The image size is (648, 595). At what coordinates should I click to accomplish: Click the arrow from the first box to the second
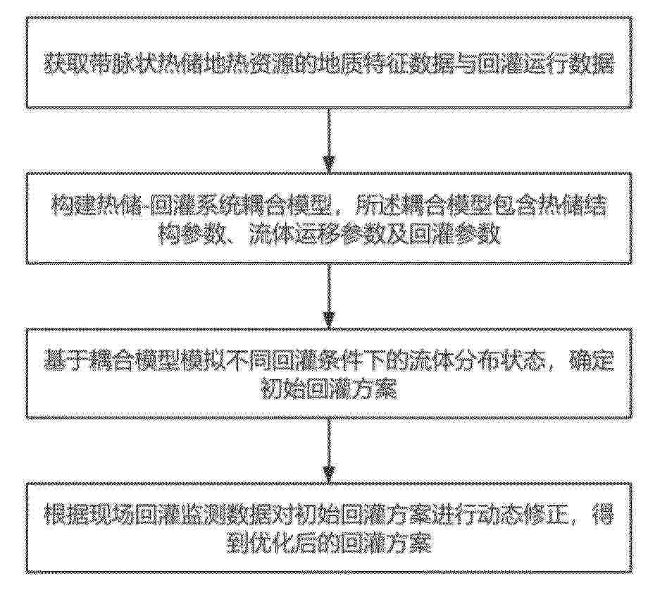tap(328, 140)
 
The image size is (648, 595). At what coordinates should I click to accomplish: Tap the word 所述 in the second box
tap(375, 205)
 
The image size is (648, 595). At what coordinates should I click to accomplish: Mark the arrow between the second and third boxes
tap(328, 296)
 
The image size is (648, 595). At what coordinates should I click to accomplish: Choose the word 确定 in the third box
tap(592, 362)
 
